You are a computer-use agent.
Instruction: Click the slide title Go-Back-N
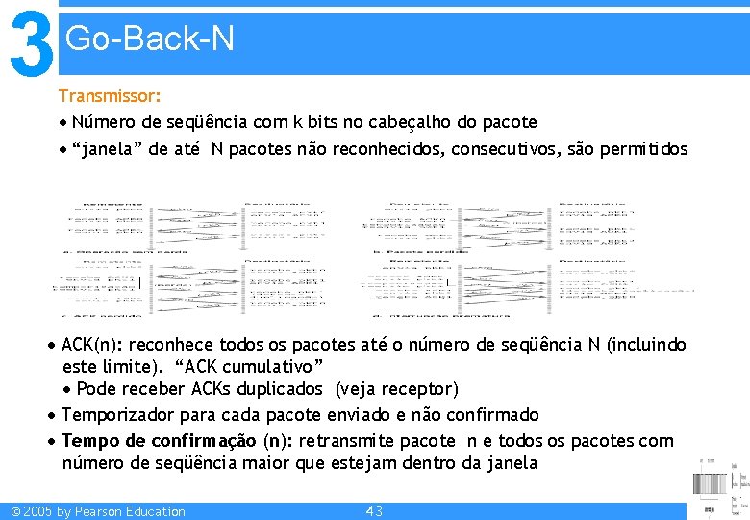coord(149,39)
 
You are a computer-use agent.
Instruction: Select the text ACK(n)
coord(90,344)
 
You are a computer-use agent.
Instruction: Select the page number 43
coord(375,511)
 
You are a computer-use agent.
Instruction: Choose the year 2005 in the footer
coord(35,511)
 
